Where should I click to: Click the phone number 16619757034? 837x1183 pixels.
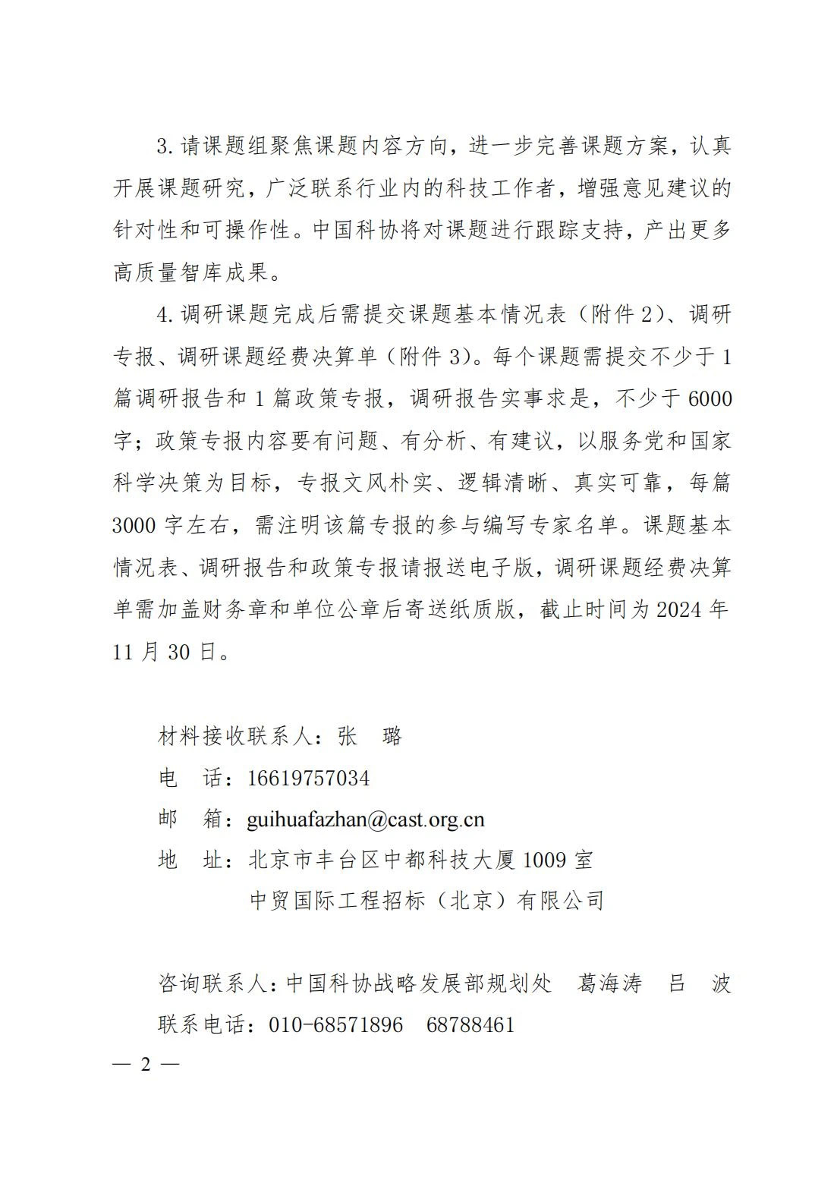coord(308,778)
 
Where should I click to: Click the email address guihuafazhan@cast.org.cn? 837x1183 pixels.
coord(365,819)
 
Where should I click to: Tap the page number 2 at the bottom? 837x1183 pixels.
coord(146,1065)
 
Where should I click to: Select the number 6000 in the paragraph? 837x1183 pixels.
coord(708,398)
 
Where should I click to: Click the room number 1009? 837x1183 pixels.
coord(545,860)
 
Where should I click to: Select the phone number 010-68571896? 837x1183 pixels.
coord(336,1024)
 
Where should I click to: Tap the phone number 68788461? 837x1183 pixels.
coord(470,1024)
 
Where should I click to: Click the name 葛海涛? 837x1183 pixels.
coord(609,983)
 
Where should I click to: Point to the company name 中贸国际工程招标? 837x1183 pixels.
coord(338,901)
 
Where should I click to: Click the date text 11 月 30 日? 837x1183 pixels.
coord(165,651)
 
